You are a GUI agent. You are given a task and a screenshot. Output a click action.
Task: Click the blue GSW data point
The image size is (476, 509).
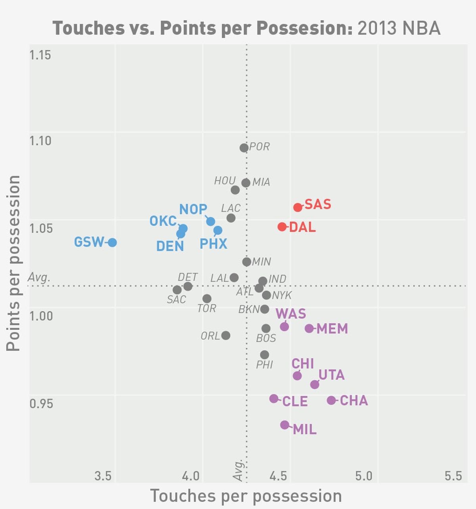[x=112, y=242]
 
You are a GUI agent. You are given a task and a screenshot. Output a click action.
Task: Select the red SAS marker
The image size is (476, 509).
[x=298, y=207]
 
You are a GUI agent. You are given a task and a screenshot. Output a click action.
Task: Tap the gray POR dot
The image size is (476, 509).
[x=244, y=148]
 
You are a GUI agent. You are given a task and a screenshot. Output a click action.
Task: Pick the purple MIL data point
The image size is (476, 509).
[x=284, y=425]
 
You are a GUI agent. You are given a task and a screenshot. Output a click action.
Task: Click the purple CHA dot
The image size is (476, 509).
[x=331, y=400]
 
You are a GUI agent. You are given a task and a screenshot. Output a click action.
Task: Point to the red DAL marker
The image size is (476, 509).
[x=282, y=227]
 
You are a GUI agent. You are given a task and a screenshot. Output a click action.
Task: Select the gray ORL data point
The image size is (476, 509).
[x=226, y=335]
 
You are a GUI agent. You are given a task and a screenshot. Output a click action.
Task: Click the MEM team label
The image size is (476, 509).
[x=332, y=329]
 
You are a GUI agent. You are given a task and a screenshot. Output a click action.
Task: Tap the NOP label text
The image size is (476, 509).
[x=193, y=209]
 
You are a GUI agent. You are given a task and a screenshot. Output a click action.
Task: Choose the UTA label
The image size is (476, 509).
[x=332, y=375]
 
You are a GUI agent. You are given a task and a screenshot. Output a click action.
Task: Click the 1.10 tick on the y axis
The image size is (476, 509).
[x=40, y=141]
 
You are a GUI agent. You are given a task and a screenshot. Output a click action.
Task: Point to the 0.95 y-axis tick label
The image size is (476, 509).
[x=41, y=404]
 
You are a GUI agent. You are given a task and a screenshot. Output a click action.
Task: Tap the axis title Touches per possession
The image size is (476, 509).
[x=246, y=496]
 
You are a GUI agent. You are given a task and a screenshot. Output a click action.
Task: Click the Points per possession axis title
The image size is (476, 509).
[x=13, y=263]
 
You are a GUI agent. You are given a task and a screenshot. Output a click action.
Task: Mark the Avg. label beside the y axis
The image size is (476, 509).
[x=39, y=277]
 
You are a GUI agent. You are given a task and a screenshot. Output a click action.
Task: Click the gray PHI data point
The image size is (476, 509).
[x=265, y=355]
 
